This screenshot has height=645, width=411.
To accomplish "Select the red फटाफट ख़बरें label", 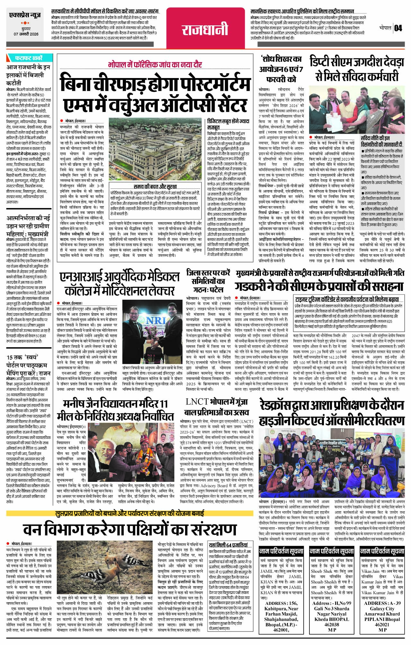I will pyautogui.click(x=29, y=58).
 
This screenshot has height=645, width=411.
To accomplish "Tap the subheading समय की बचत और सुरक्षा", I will pyautogui.click(x=155, y=187).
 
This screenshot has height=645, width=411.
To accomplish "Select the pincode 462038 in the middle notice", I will pyautogui.click(x=331, y=624).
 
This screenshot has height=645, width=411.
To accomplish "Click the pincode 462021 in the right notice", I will pyautogui.click(x=382, y=624).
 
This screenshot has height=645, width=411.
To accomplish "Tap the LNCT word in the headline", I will pyautogui.click(x=197, y=402).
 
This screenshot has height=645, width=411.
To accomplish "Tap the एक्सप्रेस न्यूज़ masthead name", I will pyautogui.click(x=25, y=15).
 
